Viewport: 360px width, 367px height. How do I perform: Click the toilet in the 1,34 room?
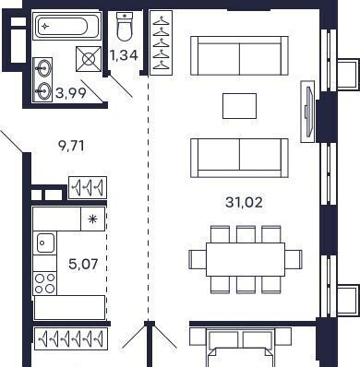click(125, 27)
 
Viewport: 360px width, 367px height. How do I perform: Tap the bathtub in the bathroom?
click(66, 26)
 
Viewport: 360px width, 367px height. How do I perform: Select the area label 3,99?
click(71, 92)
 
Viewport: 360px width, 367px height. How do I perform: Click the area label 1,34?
click(124, 55)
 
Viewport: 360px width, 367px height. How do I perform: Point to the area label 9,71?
click(71, 146)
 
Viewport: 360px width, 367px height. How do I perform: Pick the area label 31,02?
click(244, 203)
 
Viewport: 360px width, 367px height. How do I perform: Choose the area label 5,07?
click(83, 264)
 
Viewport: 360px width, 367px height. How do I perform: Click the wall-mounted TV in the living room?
click(308, 112)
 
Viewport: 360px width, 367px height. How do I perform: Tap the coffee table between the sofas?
click(240, 106)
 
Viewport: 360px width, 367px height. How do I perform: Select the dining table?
click(246, 260)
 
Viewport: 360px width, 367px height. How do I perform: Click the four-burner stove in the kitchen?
click(45, 283)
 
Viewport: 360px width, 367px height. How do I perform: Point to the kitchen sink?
click(45, 243)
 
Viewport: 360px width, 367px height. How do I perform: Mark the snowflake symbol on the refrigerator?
click(92, 219)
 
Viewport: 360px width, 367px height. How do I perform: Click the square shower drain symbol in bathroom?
click(89, 59)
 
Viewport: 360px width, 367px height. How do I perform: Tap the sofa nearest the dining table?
click(239, 158)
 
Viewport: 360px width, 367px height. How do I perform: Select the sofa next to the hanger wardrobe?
click(239, 55)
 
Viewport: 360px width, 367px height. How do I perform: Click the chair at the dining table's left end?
click(198, 259)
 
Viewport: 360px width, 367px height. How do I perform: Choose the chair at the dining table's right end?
click(294, 259)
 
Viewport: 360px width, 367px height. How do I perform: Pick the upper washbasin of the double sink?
click(43, 67)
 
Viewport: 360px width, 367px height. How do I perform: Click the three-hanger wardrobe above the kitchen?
click(88, 187)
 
